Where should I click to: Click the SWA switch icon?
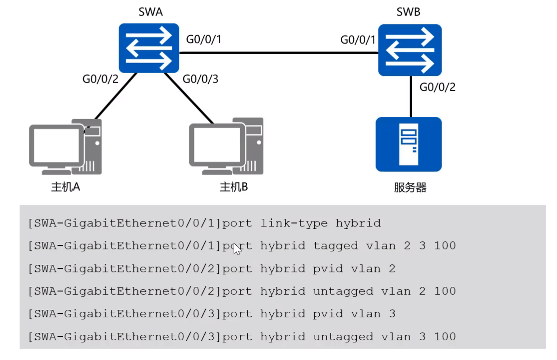click(x=149, y=49)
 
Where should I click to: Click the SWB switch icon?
click(x=410, y=50)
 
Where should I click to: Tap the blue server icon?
click(x=409, y=144)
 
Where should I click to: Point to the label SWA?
click(x=150, y=12)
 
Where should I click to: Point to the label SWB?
click(x=408, y=12)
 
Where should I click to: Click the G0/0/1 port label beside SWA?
click(x=203, y=40)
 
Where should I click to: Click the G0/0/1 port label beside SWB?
click(x=358, y=40)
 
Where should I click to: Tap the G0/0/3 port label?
click(x=200, y=79)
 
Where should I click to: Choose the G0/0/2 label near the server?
click(x=437, y=87)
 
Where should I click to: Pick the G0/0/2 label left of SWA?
click(x=100, y=79)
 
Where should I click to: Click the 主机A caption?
click(x=66, y=187)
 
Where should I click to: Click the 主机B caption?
click(x=234, y=187)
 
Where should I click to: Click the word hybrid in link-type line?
click(x=358, y=223)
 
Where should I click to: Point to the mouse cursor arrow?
click(x=237, y=249)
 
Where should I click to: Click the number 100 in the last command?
click(x=445, y=337)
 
